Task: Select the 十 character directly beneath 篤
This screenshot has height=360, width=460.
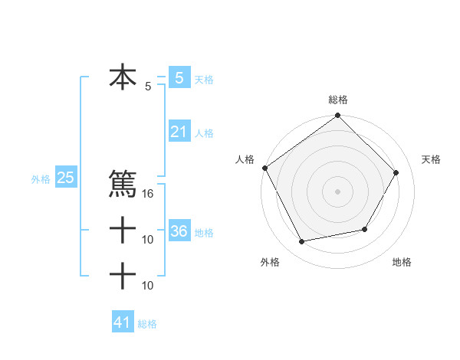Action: click(x=123, y=229)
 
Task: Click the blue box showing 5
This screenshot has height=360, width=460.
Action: click(x=179, y=78)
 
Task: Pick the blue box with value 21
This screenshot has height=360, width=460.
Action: click(x=179, y=132)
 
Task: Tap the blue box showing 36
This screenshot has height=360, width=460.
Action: click(x=179, y=231)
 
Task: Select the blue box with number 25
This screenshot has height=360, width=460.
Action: click(x=65, y=178)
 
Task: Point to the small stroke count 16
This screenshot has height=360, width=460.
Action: click(x=149, y=195)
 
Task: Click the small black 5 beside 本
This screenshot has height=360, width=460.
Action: click(x=148, y=87)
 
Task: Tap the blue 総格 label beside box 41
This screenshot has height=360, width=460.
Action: click(x=147, y=324)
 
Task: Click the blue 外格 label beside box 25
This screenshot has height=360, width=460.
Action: click(x=41, y=179)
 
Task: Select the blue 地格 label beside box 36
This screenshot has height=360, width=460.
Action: click(x=204, y=233)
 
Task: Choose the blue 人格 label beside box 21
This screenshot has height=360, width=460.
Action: click(x=204, y=133)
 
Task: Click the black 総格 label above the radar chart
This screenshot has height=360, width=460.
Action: click(x=338, y=100)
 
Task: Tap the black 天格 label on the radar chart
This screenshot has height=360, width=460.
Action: click(x=432, y=159)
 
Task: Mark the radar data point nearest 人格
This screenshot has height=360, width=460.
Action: click(x=265, y=168)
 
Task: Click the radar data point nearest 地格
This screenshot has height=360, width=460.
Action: click(x=365, y=229)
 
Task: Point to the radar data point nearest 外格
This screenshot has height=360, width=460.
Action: click(x=302, y=242)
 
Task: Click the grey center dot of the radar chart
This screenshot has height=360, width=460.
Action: click(x=338, y=191)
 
